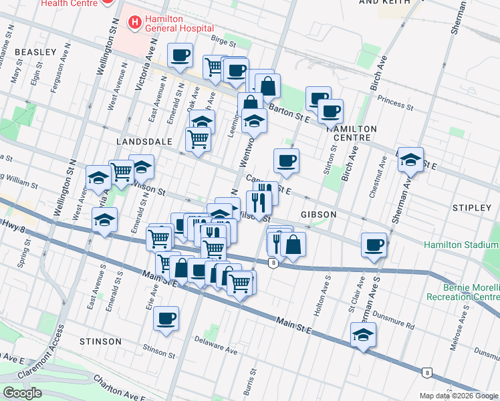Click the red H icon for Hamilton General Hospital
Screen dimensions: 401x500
click(x=136, y=23)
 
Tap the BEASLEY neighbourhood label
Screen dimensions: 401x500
click(x=35, y=51)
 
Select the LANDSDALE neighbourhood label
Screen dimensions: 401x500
click(x=144, y=142)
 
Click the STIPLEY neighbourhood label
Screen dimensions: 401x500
click(x=471, y=208)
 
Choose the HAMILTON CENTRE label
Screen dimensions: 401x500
click(x=352, y=132)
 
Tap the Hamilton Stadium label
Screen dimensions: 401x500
click(x=461, y=245)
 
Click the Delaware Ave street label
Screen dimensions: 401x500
click(x=217, y=350)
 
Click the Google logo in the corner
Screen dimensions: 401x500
click(x=22, y=393)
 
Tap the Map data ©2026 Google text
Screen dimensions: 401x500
click(x=459, y=396)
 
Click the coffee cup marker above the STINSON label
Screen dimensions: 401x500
click(x=166, y=318)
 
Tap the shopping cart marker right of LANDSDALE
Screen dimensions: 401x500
click(x=198, y=139)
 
